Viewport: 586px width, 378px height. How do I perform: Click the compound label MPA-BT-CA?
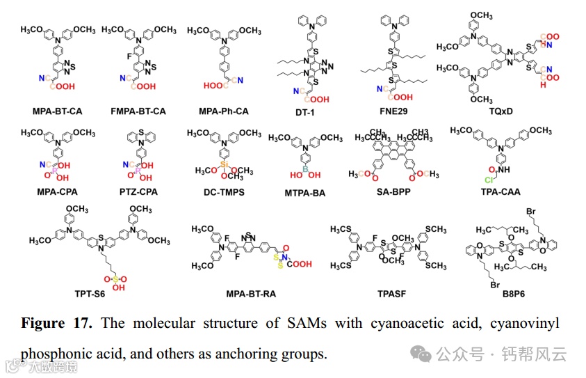pyautogui.click(x=57, y=111)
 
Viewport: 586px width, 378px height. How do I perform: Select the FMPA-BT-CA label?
pyautogui.click(x=139, y=111)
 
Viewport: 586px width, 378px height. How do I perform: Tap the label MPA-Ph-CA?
pyautogui.click(x=224, y=111)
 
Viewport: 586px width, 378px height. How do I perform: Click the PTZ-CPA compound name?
pyautogui.click(x=139, y=191)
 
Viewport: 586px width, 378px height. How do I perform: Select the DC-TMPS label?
pyautogui.click(x=224, y=191)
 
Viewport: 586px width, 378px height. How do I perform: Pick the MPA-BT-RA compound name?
pyautogui.click(x=251, y=294)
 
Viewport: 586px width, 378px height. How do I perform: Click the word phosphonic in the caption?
pyautogui.click(x=57, y=353)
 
